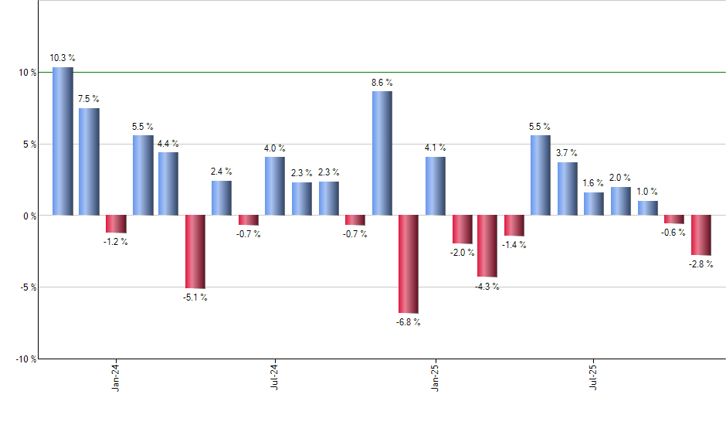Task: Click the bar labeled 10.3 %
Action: click(x=63, y=141)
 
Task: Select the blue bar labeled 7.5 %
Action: click(x=89, y=161)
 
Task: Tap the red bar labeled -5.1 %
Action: click(x=195, y=251)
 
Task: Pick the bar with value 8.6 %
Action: click(x=382, y=153)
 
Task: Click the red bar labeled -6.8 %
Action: click(x=408, y=263)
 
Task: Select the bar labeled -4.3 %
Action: click(x=487, y=246)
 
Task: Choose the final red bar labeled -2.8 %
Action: click(x=701, y=235)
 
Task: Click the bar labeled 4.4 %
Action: click(x=168, y=184)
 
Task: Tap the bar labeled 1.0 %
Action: click(x=647, y=208)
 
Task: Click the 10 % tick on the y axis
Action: click(x=28, y=73)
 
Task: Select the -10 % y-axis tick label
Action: click(x=26, y=359)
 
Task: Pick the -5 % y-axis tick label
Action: click(x=28, y=287)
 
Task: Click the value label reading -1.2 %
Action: click(x=116, y=242)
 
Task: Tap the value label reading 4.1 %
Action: click(x=435, y=148)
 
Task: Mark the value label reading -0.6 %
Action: click(x=674, y=233)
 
